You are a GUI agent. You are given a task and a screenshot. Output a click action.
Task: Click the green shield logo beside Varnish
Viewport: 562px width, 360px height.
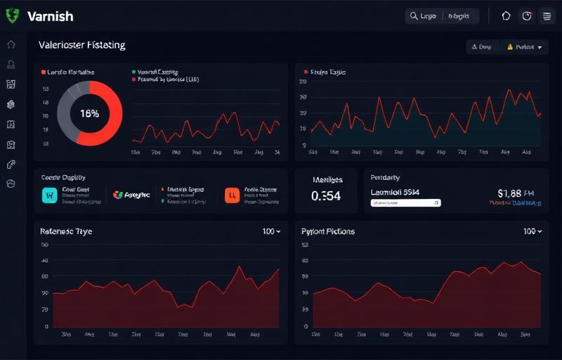[x=12, y=15]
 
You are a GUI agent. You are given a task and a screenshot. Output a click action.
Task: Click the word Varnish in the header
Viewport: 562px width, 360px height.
[x=50, y=16]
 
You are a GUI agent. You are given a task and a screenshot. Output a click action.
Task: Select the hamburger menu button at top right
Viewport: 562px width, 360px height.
[x=547, y=16]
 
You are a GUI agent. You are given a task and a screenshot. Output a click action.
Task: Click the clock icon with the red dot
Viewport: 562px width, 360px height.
[x=527, y=16]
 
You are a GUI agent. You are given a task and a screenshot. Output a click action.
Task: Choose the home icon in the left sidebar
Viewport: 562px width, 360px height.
[x=11, y=44]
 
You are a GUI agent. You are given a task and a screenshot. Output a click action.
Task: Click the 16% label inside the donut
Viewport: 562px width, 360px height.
[x=89, y=113]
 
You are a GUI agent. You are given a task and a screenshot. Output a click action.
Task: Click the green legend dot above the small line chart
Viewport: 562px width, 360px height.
[x=133, y=72]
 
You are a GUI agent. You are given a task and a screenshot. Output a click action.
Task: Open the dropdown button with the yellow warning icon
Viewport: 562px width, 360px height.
[x=524, y=47]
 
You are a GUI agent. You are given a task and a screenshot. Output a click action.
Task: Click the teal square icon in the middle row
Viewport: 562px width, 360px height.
[x=49, y=195]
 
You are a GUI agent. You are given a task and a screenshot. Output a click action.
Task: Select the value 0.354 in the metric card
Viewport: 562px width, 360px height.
[x=326, y=196]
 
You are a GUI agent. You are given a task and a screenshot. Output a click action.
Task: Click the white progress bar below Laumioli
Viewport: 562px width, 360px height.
[x=405, y=202]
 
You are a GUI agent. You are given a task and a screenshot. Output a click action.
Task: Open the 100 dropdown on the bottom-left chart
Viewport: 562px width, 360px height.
[x=271, y=231]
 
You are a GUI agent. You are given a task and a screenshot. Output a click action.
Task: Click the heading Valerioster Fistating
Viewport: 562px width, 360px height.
[x=82, y=45]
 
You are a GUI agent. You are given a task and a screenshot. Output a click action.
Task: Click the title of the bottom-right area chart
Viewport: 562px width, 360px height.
[x=328, y=231]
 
